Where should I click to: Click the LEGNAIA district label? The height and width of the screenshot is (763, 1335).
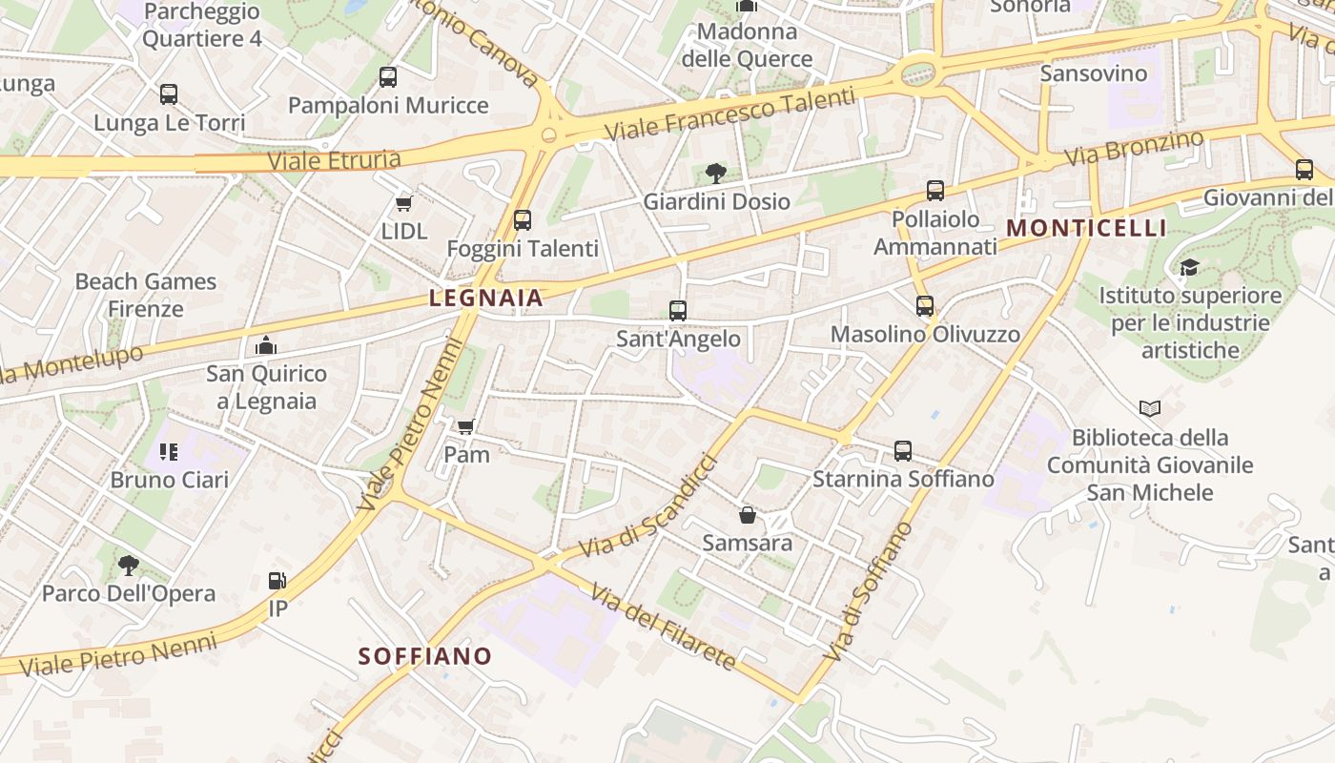pos(485,298)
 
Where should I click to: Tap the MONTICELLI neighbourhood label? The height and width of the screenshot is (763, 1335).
pos(1086,228)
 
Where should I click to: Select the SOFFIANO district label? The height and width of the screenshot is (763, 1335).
pos(424,656)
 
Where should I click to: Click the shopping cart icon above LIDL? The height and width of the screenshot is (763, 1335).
pos(403,204)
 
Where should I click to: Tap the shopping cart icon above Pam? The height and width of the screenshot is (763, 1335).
pos(465,427)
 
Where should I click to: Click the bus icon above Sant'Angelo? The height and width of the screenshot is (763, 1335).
pos(678,311)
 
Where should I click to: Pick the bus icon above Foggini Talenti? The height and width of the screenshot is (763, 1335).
pos(523,220)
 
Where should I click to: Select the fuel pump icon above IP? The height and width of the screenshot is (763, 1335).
pos(277,580)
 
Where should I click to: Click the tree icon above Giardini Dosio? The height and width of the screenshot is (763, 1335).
pos(715,174)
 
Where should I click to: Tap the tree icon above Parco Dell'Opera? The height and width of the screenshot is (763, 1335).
pos(128,566)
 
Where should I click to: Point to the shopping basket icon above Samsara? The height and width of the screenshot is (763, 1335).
pos(748,515)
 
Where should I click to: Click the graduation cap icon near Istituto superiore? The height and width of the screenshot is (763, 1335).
pos(1188,268)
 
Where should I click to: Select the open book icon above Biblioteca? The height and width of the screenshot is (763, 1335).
pos(1150,409)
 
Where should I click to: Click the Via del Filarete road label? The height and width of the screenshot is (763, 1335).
pos(663,627)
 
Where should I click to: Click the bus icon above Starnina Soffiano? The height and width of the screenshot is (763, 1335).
pos(903,451)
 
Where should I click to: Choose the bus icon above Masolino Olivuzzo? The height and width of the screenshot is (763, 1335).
pos(925,306)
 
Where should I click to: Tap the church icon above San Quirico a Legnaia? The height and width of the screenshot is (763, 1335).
pos(266,345)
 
